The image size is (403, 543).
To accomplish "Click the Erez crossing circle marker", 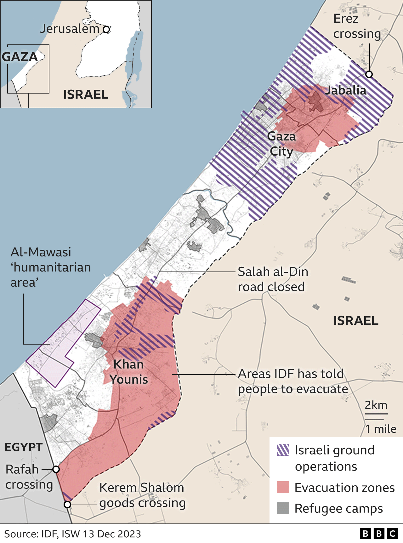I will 369,74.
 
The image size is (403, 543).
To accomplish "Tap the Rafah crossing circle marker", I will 56,469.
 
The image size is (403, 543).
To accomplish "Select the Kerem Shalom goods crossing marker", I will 67,505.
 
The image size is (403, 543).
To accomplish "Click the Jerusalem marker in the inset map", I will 106,30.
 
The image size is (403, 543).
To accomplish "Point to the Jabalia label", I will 346,90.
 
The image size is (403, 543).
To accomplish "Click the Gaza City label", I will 281,144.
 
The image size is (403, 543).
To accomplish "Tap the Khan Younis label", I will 128,372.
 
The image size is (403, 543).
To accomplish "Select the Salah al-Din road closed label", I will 273,279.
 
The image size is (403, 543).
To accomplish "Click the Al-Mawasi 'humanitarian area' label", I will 50,267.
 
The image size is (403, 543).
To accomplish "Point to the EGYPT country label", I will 24,447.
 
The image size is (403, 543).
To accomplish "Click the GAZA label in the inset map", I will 20,57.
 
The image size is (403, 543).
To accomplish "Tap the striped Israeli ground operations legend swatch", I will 283,450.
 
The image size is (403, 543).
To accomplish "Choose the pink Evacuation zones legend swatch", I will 283,487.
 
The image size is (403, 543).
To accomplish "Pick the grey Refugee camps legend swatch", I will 283,508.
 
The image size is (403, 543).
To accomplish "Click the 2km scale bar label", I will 376,405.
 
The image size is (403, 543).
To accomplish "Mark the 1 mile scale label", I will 380,429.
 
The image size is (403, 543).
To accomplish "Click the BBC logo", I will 379,534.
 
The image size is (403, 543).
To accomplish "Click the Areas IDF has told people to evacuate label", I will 293,381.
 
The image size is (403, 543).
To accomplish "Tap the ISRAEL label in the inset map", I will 86,94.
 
